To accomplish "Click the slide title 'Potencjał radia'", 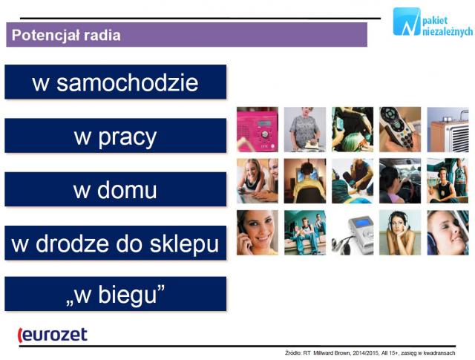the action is pyautogui.click(x=66, y=35).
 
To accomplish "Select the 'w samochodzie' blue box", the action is pyautogui.click(x=116, y=82).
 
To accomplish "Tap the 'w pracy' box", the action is pyautogui.click(x=116, y=135).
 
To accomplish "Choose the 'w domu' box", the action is pyautogui.click(x=116, y=189).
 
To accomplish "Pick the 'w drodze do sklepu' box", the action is pyautogui.click(x=116, y=243).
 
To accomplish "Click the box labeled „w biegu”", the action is pyautogui.click(x=116, y=294).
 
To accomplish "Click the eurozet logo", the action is pyautogui.click(x=53, y=336).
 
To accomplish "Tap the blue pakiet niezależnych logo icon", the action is pyautogui.click(x=407, y=22).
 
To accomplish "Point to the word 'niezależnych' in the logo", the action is pyautogui.click(x=448, y=31).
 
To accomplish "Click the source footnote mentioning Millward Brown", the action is pyautogui.click(x=370, y=353).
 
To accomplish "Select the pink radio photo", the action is pyautogui.click(x=258, y=129).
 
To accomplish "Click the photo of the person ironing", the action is pyautogui.click(x=305, y=129).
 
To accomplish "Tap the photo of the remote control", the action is pyautogui.click(x=400, y=129).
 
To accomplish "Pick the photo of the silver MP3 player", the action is pyautogui.click(x=353, y=233).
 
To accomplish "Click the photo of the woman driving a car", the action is pyautogui.click(x=400, y=181).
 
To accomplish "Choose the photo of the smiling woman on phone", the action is pyautogui.click(x=258, y=233).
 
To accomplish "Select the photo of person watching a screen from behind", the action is pyautogui.click(x=305, y=181).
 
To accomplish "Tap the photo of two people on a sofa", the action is pyautogui.click(x=305, y=233).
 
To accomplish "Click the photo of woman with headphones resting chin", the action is pyautogui.click(x=400, y=233).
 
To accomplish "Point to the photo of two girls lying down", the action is pyautogui.click(x=258, y=181).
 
